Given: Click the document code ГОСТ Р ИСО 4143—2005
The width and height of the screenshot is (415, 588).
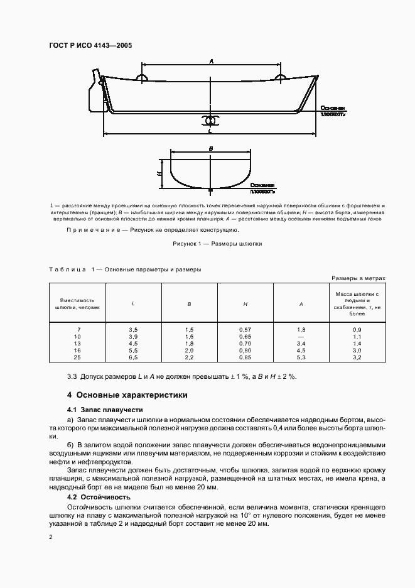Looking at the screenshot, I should tap(90, 45).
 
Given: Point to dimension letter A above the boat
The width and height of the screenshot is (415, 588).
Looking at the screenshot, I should tap(212, 61).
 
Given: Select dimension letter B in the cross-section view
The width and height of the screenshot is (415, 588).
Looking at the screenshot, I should tap(211, 149).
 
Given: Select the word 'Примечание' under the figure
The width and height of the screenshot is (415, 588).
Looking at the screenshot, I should tap(93, 231).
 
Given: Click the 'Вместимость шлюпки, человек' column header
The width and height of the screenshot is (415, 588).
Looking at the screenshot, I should tap(77, 303).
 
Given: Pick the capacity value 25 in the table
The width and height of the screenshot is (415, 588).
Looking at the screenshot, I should tap(77, 357).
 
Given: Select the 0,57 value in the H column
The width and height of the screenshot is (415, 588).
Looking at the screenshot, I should tap(245, 330).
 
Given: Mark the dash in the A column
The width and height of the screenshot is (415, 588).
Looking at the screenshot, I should tap(301, 337).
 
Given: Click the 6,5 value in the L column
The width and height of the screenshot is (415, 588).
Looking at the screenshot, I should tap(133, 357).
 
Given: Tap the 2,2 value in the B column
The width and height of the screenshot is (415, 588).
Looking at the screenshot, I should tap(189, 357).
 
